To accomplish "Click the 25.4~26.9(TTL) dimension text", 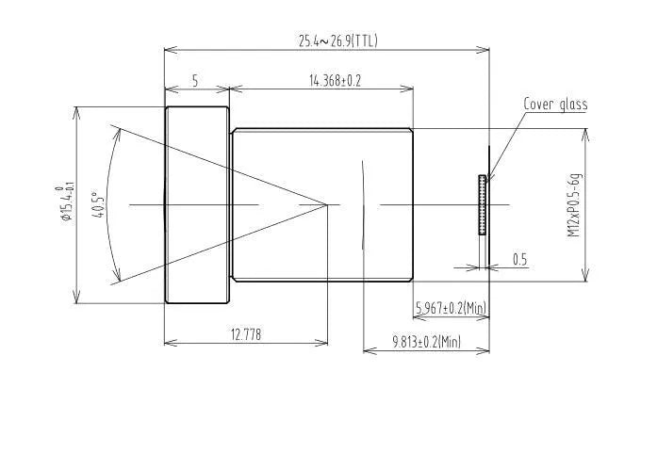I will click(338, 40).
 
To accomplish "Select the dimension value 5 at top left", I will click(195, 81).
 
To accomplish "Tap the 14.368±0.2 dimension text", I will click(335, 81).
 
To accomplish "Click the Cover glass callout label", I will click(555, 105).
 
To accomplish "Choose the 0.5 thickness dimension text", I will click(519, 259).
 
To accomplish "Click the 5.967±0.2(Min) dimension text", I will click(451, 307).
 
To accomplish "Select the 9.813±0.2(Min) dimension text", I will click(426, 343).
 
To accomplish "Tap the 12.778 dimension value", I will click(244, 333).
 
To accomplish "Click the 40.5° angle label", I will click(96, 203).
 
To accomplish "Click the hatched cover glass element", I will click(483, 204).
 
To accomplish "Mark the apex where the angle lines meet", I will click(327, 203).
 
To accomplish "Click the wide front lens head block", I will click(197, 204).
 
